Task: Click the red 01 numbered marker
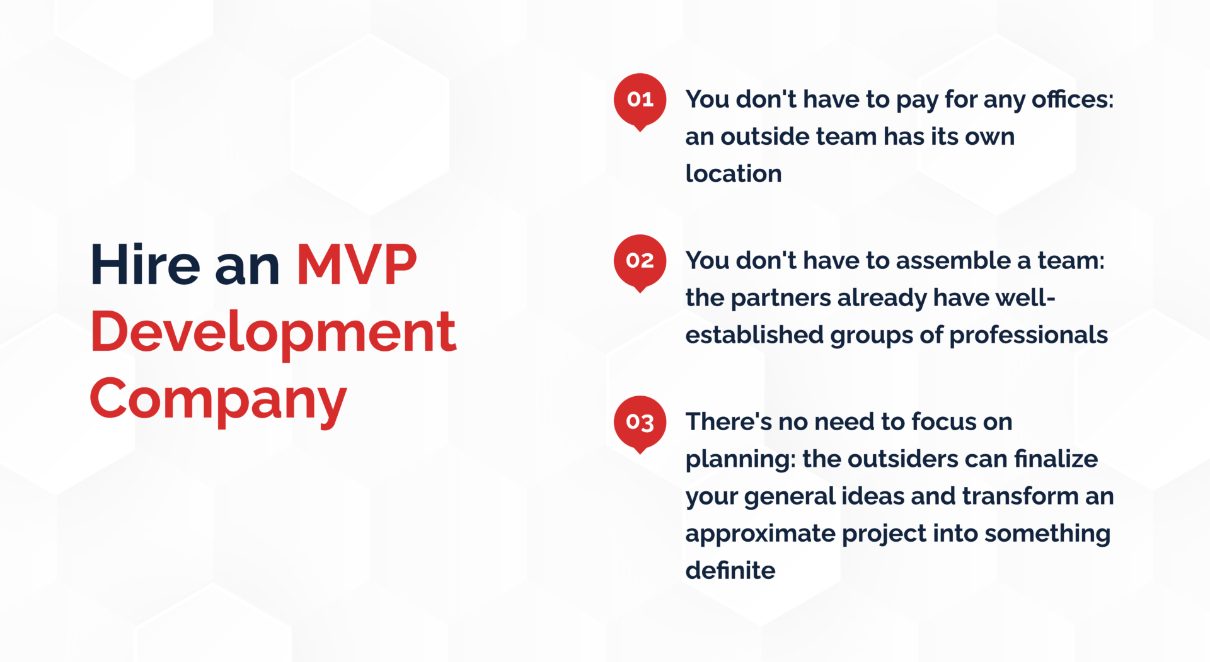click(x=640, y=100)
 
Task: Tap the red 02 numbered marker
click(x=640, y=261)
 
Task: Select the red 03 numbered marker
click(x=640, y=422)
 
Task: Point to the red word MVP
click(x=357, y=265)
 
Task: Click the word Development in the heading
click(x=273, y=332)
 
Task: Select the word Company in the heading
click(x=218, y=399)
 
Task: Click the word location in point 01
click(x=734, y=174)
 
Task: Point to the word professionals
click(x=1028, y=335)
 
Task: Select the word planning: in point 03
click(x=740, y=459)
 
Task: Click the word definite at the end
click(x=730, y=571)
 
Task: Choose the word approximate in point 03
click(x=760, y=534)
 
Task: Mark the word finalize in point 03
click(x=1056, y=459)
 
